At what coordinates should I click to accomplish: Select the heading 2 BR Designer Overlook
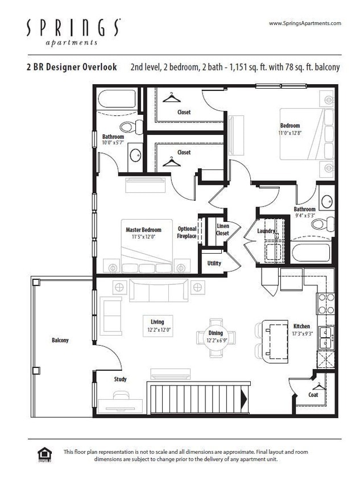(x=71, y=67)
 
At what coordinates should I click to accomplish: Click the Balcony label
(x=60, y=340)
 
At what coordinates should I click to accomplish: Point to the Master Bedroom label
(x=143, y=230)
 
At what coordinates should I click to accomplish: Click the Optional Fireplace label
(x=187, y=232)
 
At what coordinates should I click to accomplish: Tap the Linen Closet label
(x=223, y=229)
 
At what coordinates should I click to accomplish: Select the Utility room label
(x=214, y=263)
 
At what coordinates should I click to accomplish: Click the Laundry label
(x=266, y=231)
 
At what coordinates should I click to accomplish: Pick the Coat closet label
(x=313, y=395)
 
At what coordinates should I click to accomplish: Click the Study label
(x=120, y=379)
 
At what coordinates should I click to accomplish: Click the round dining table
(x=216, y=337)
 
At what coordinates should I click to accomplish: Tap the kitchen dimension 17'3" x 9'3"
(x=301, y=334)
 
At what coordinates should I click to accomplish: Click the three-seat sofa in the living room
(x=155, y=291)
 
